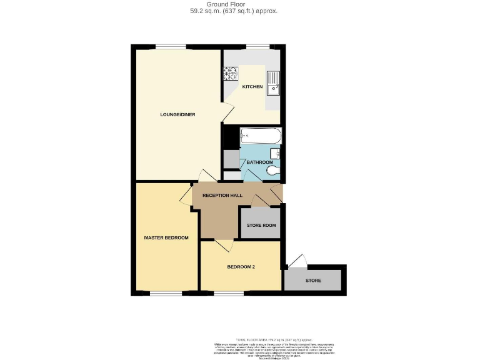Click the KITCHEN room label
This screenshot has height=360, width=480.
pyautogui.click(x=252, y=87)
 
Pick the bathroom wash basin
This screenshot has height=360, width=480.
pyautogui.click(x=276, y=154)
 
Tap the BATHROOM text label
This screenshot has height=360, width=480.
pyautogui.click(x=259, y=162)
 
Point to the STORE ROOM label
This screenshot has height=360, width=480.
pyautogui.click(x=261, y=226)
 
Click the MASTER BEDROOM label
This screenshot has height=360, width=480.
pyautogui.click(x=166, y=237)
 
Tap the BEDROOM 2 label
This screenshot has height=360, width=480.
pyautogui.click(x=241, y=267)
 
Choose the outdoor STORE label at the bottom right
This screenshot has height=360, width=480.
pyautogui.click(x=313, y=281)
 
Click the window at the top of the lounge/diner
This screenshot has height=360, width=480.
pyautogui.click(x=171, y=47)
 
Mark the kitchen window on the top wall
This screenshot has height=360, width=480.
pyautogui.click(x=257, y=47)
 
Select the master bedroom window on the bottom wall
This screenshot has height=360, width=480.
pyautogui.click(x=165, y=293)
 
